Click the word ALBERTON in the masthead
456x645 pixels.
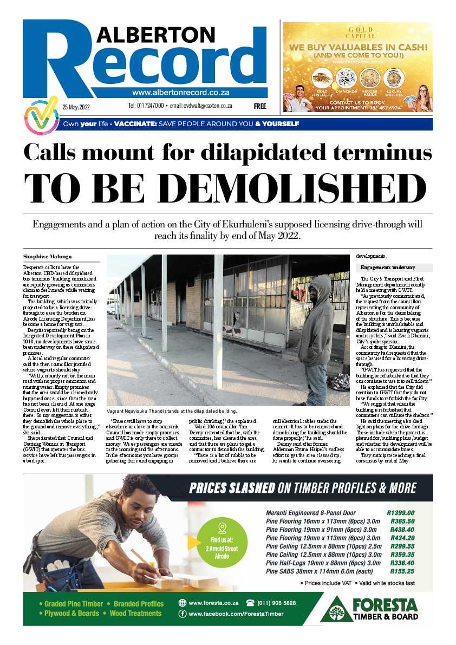tap(153, 36)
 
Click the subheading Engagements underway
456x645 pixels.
tap(388, 268)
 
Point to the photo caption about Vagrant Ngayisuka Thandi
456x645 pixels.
tap(172, 411)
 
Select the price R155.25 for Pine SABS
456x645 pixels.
tap(402, 571)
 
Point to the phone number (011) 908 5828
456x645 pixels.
tap(271, 603)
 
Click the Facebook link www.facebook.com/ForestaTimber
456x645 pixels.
tap(236, 614)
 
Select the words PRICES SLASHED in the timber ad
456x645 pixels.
tap(232, 488)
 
